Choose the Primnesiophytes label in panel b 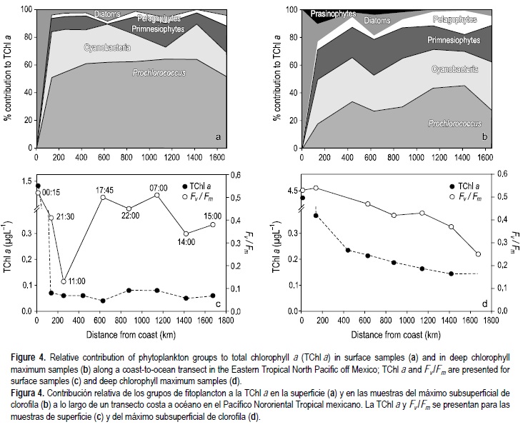tap(442, 41)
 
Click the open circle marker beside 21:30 tap(51, 217)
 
